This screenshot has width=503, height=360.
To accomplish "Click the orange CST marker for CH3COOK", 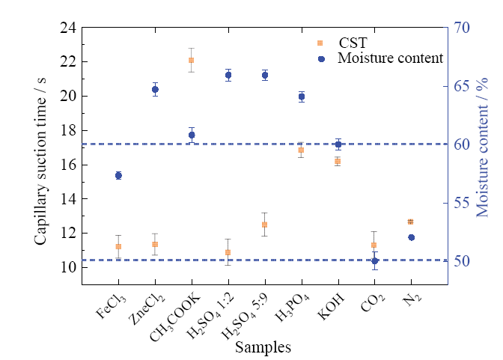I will coord(191,60).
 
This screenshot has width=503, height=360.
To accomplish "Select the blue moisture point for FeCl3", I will coord(118,175).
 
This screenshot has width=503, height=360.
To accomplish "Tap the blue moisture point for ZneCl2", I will coord(155,89).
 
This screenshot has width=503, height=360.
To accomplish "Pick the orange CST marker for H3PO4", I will coord(301,150).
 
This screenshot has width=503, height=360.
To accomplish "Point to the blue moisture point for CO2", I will coord(374,260).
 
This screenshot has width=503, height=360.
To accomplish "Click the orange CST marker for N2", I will coord(410,222).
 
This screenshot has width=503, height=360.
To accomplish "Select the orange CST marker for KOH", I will coord(338,161).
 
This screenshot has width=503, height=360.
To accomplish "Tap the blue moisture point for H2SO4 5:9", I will coord(264,75).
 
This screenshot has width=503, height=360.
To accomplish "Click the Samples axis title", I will coord(262,347).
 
